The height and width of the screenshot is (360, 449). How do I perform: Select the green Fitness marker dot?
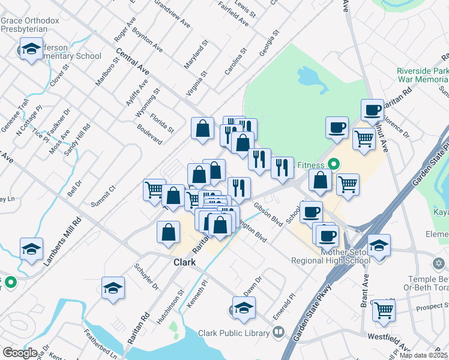(x=334, y=163)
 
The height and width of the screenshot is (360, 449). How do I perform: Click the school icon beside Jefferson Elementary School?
(x=31, y=49)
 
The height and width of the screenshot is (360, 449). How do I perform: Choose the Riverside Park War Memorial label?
(x=422, y=75)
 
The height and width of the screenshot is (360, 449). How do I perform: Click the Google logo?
(x=20, y=353)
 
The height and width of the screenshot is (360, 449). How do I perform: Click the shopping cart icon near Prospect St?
(x=384, y=310)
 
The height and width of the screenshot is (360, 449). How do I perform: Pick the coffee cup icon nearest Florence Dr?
(x=373, y=110)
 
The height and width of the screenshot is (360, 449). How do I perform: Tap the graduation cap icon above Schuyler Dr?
(x=113, y=288)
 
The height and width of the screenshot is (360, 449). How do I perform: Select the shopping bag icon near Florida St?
(x=203, y=128)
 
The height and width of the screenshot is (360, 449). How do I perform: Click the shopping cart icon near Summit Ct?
(x=154, y=190)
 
